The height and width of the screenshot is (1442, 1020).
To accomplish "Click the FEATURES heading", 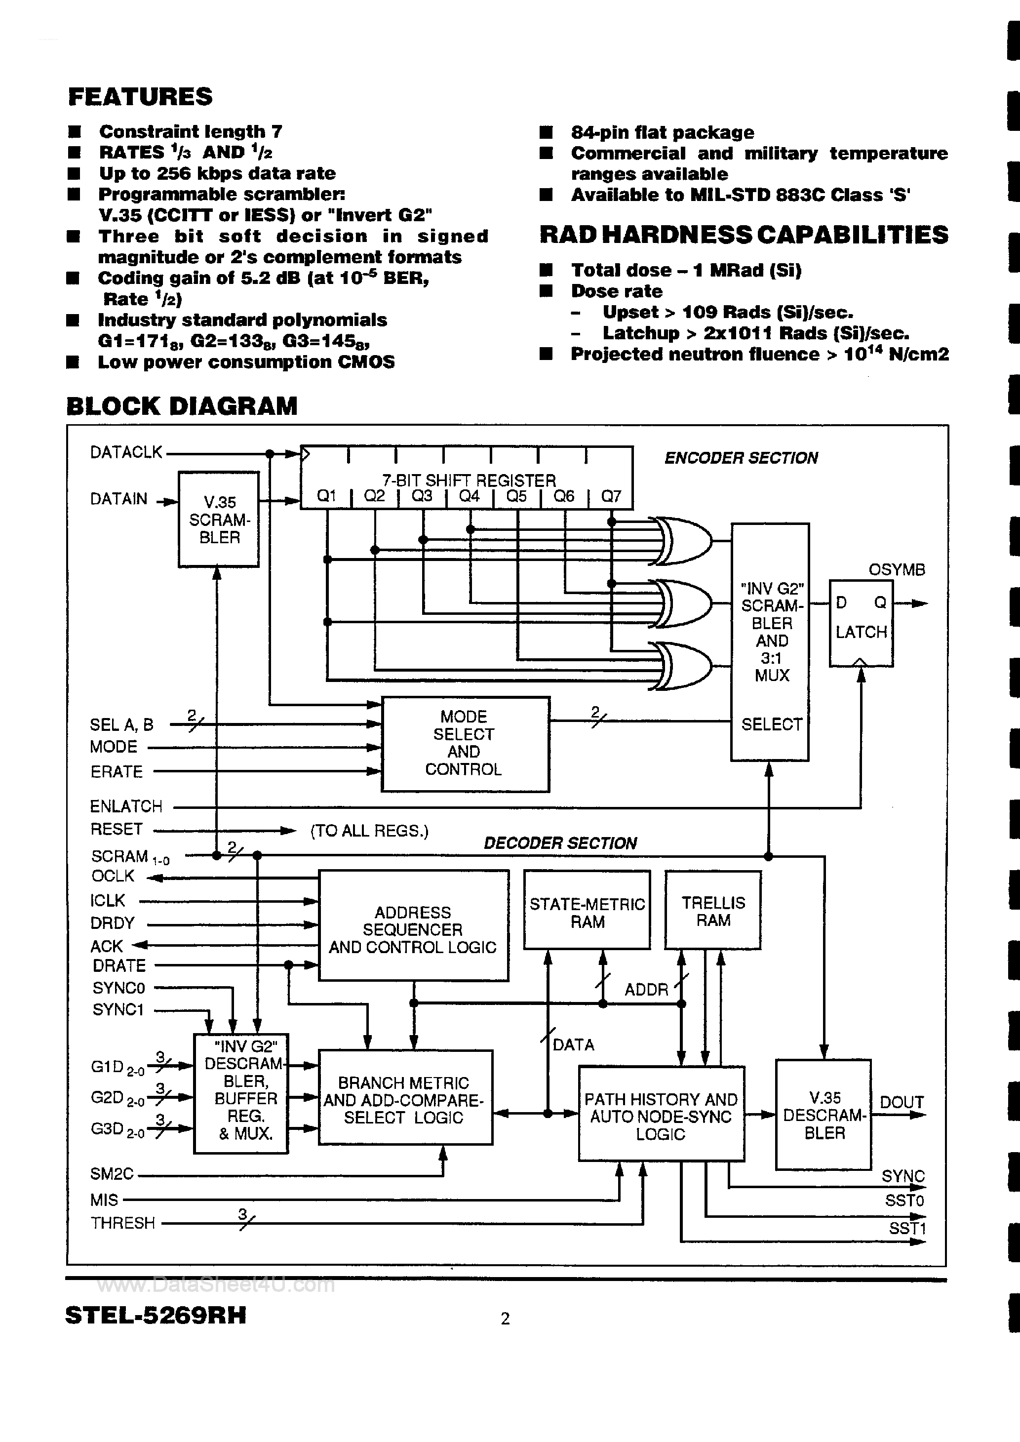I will tap(140, 97).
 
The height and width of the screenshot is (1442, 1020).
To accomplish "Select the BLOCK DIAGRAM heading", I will tap(182, 406).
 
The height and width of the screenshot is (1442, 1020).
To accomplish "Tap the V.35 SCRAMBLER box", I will tap(219, 520).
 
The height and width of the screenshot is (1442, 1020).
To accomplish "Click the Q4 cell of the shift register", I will tap(469, 496).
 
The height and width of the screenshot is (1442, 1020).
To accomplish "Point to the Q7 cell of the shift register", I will tap(611, 496).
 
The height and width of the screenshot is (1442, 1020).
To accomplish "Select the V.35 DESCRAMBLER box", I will tap(824, 1115).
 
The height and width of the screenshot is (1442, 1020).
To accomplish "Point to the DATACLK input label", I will tap(125, 452).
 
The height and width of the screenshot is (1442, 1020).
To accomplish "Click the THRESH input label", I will tap(122, 1222).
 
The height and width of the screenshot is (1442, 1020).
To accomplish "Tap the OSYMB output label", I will tap(896, 570).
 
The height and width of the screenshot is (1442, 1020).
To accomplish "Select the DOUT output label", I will tap(902, 1102).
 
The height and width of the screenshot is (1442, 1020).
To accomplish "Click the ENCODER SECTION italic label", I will tap(741, 458).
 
